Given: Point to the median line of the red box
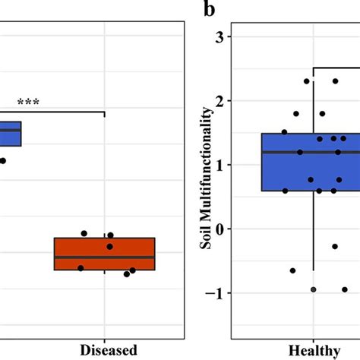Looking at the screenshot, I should click(x=104, y=257).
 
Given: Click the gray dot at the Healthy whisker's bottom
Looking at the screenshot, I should click(x=313, y=289).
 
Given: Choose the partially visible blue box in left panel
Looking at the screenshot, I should click(x=10, y=134).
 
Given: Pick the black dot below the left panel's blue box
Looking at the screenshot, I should click(x=3, y=160).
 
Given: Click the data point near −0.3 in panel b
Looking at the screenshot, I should click(x=334, y=246).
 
